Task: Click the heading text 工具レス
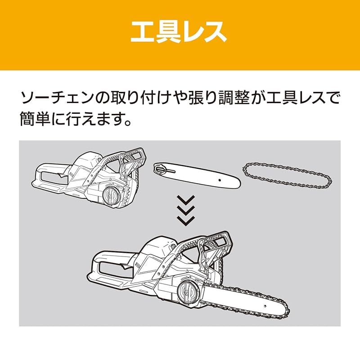tap(179, 32)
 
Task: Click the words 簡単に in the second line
tap(45, 120)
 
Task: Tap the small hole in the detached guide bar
tap(220, 180)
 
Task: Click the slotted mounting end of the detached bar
tap(162, 169)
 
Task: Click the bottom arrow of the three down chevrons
tap(185, 220)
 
